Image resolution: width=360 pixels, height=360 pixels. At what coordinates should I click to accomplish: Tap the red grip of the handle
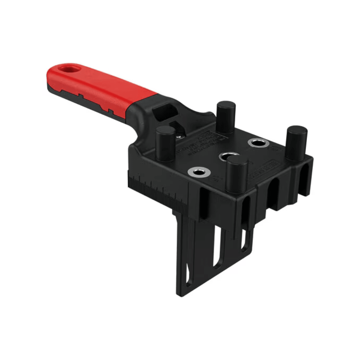tap(100, 87)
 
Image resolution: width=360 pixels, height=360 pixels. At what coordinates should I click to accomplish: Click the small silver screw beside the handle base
tap(179, 136)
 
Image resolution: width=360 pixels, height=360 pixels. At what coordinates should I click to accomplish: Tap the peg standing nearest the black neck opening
tap(226, 117)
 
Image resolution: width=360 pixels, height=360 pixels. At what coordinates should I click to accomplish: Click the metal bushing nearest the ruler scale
tap(199, 172)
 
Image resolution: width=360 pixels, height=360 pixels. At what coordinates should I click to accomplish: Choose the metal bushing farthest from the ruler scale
tap(258, 143)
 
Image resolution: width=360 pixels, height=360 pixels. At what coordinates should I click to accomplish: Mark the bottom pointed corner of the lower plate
tap(180, 295)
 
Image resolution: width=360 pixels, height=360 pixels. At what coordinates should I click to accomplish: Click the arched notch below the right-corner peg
tap(304, 180)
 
